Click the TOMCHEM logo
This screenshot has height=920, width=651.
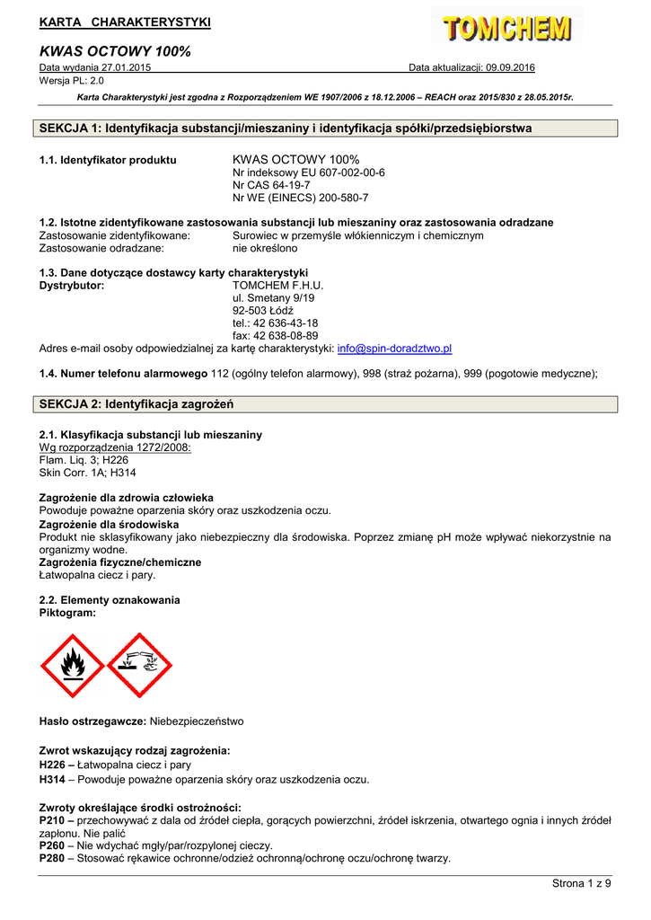tap(506, 30)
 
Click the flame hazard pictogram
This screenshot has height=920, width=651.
tap(73, 666)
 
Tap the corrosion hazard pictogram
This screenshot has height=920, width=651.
tap(139, 666)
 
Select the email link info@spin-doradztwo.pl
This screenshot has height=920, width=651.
tap(394, 348)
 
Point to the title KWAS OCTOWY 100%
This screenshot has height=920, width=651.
tap(115, 51)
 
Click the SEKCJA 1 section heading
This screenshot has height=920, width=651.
tap(286, 128)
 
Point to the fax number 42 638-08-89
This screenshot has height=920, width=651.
tap(287, 335)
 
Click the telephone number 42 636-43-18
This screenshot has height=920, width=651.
tap(287, 323)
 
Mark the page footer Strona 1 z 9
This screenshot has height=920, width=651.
tap(581, 884)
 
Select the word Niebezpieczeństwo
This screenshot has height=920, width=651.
tap(197, 721)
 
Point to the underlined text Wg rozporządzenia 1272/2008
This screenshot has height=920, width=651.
tap(115, 447)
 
